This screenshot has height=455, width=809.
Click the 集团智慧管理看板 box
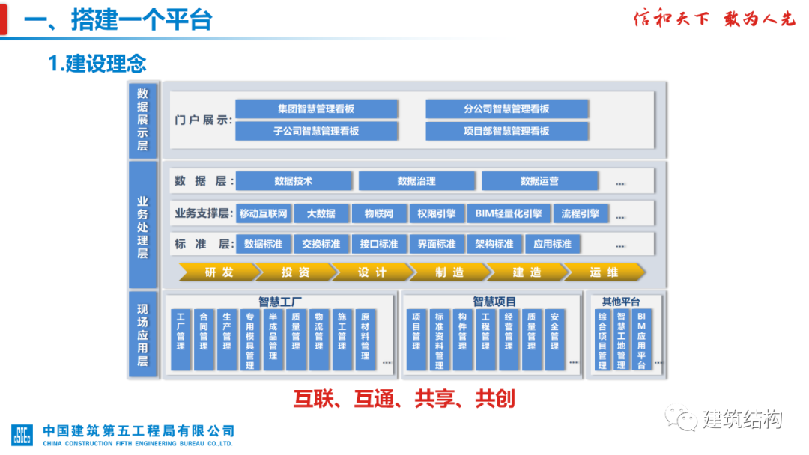point(315,109)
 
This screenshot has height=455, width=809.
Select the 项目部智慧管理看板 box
point(506,131)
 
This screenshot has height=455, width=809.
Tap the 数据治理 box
point(416,181)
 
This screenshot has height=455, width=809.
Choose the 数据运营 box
point(539,181)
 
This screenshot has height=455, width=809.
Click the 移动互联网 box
point(263,214)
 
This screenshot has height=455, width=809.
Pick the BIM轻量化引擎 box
point(509,214)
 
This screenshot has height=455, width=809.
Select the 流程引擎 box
point(581,214)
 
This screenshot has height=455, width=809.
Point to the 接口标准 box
point(378,244)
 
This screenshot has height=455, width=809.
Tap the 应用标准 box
point(552,244)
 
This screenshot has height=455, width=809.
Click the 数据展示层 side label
point(142,119)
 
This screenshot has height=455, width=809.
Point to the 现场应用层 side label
point(142,334)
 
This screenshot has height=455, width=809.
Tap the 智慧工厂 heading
point(280,302)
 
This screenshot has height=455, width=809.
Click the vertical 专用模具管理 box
point(249,340)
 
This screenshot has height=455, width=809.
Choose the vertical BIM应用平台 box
point(641,340)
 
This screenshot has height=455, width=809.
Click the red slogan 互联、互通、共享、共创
point(404,398)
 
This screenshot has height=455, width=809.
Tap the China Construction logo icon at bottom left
point(22,435)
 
